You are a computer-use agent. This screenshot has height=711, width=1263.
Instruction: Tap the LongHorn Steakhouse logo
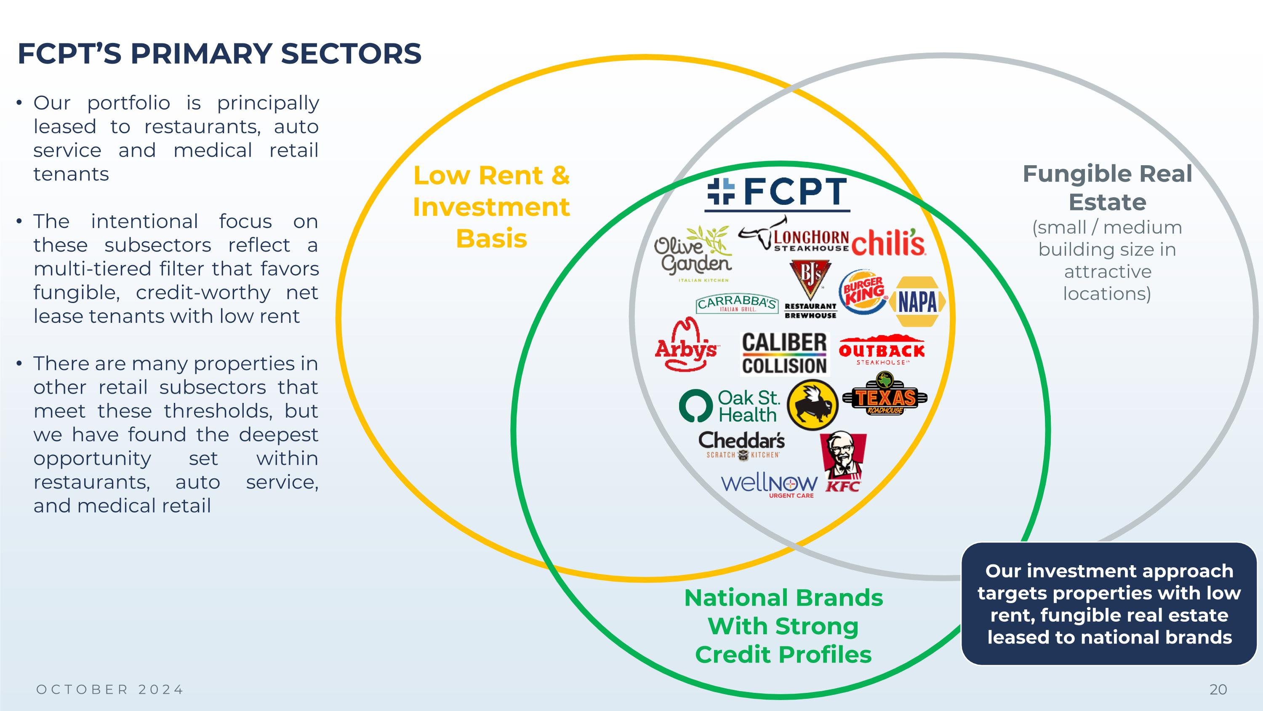click(x=793, y=235)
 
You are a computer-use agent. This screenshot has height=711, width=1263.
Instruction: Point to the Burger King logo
click(x=864, y=292)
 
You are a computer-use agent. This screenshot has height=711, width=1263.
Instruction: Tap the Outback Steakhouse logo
click(x=882, y=350)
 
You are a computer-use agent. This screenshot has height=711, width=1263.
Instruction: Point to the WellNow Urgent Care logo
click(x=769, y=486)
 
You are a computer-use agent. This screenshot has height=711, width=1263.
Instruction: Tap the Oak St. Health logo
click(x=730, y=406)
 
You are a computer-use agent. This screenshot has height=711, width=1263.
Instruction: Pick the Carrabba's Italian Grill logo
click(x=737, y=304)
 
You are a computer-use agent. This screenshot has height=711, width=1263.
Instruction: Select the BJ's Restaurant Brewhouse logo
click(x=811, y=290)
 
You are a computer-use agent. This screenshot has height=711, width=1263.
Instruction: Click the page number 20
click(x=1218, y=690)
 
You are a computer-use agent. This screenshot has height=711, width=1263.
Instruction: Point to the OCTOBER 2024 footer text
click(x=110, y=690)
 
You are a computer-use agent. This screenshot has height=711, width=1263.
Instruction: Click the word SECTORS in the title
click(x=351, y=54)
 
